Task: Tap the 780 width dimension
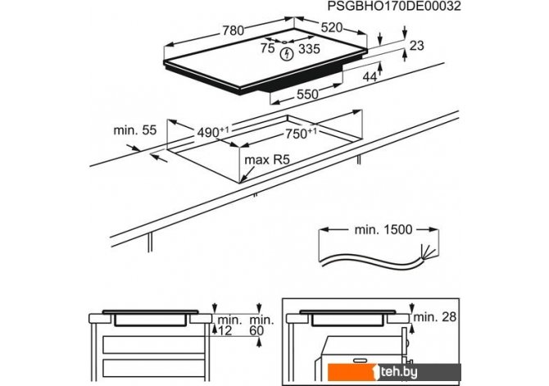coord(234,30)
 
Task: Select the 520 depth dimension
coord(331,28)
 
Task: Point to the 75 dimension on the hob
coord(267,49)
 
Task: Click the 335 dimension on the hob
coord(310,51)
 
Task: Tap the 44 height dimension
coord(370,76)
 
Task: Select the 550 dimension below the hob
coord(306,95)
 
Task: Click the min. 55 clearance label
coord(135,130)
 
